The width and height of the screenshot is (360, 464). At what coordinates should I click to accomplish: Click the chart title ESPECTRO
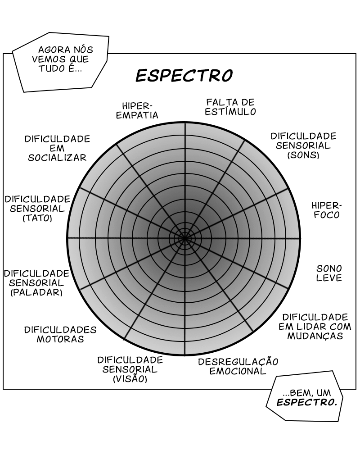pos(184,76)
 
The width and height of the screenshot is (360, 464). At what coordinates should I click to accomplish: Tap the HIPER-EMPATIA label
pos(137,110)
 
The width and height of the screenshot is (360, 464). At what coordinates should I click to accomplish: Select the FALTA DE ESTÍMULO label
pos(230,107)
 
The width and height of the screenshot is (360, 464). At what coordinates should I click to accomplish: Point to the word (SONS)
pos(303,155)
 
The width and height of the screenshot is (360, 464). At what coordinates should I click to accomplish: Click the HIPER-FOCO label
pos(327,210)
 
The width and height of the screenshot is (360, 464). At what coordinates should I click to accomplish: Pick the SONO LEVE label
pos(329,273)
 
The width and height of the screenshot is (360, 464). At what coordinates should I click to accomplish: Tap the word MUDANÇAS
pos(315,336)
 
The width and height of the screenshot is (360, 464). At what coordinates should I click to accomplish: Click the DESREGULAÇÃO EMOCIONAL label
pos(238,366)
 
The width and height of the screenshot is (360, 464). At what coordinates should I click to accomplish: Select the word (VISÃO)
pos(130,379)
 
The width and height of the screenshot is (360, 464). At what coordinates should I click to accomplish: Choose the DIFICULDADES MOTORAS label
pos(60,334)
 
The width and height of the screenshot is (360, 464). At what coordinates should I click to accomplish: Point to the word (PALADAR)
pos(36,292)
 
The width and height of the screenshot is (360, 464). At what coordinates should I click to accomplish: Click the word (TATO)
pos(37,218)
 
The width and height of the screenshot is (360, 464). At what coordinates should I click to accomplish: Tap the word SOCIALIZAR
pos(57,158)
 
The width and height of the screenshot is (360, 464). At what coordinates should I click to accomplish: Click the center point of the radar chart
pos(184,238)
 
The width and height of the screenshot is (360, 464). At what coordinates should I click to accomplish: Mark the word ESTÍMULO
pos(230,112)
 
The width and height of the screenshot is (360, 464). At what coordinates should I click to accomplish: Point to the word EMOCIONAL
pos(238,372)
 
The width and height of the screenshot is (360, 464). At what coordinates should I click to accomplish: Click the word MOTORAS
pos(60,339)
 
